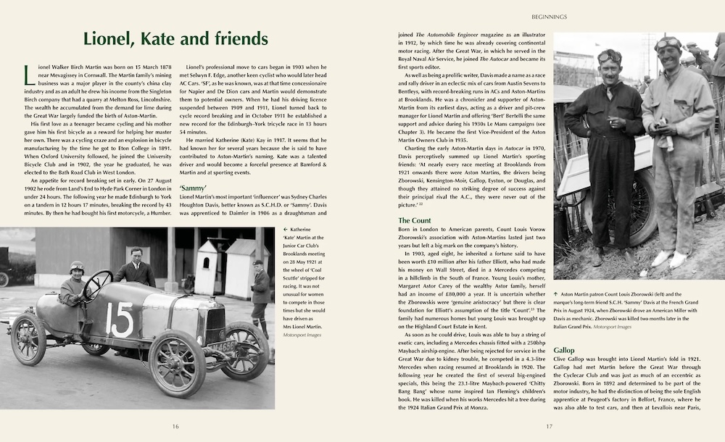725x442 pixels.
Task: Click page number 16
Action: [175, 426]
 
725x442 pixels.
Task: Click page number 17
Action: [550, 426]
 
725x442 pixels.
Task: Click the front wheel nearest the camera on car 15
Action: [177, 364]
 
